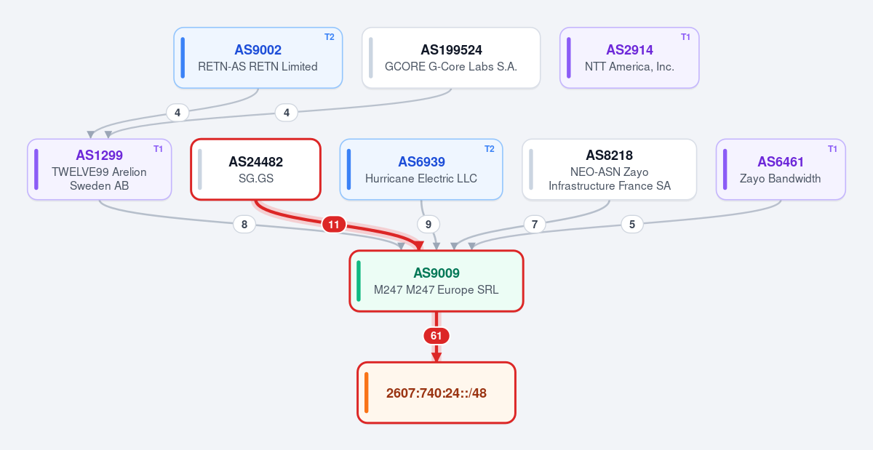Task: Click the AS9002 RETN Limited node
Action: pos(258,57)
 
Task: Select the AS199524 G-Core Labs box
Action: pos(451,57)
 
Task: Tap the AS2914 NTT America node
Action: pos(629,57)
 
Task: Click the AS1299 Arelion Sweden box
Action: pos(100,169)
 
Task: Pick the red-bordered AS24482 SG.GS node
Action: pos(255,169)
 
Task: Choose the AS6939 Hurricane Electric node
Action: pos(421,169)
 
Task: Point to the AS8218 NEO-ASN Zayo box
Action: pos(609,169)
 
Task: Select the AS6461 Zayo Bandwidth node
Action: pos(781,169)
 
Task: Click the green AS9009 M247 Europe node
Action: pos(436,281)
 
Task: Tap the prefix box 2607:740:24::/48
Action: pos(436,393)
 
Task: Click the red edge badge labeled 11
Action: pos(334,225)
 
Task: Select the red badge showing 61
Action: pos(436,336)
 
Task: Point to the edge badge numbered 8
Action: pos(244,225)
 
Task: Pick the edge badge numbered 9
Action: pos(428,225)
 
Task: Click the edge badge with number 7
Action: pos(535,225)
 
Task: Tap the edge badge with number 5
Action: pos(632,225)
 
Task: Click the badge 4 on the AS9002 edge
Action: pos(178,113)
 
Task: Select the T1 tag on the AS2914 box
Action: pos(685,37)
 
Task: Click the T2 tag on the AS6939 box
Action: pos(489,149)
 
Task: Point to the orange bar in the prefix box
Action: pos(367,393)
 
